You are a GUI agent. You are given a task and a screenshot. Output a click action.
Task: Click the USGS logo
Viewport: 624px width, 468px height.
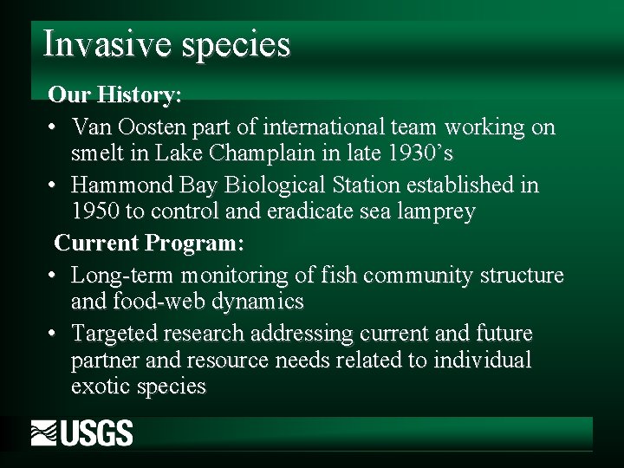click(x=82, y=432)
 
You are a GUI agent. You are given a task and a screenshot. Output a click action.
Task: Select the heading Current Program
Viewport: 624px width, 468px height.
click(x=149, y=244)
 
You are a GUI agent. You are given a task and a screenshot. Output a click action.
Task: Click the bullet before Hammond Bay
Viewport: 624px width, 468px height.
click(x=54, y=185)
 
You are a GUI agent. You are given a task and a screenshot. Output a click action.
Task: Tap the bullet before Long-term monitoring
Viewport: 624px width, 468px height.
click(x=54, y=276)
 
